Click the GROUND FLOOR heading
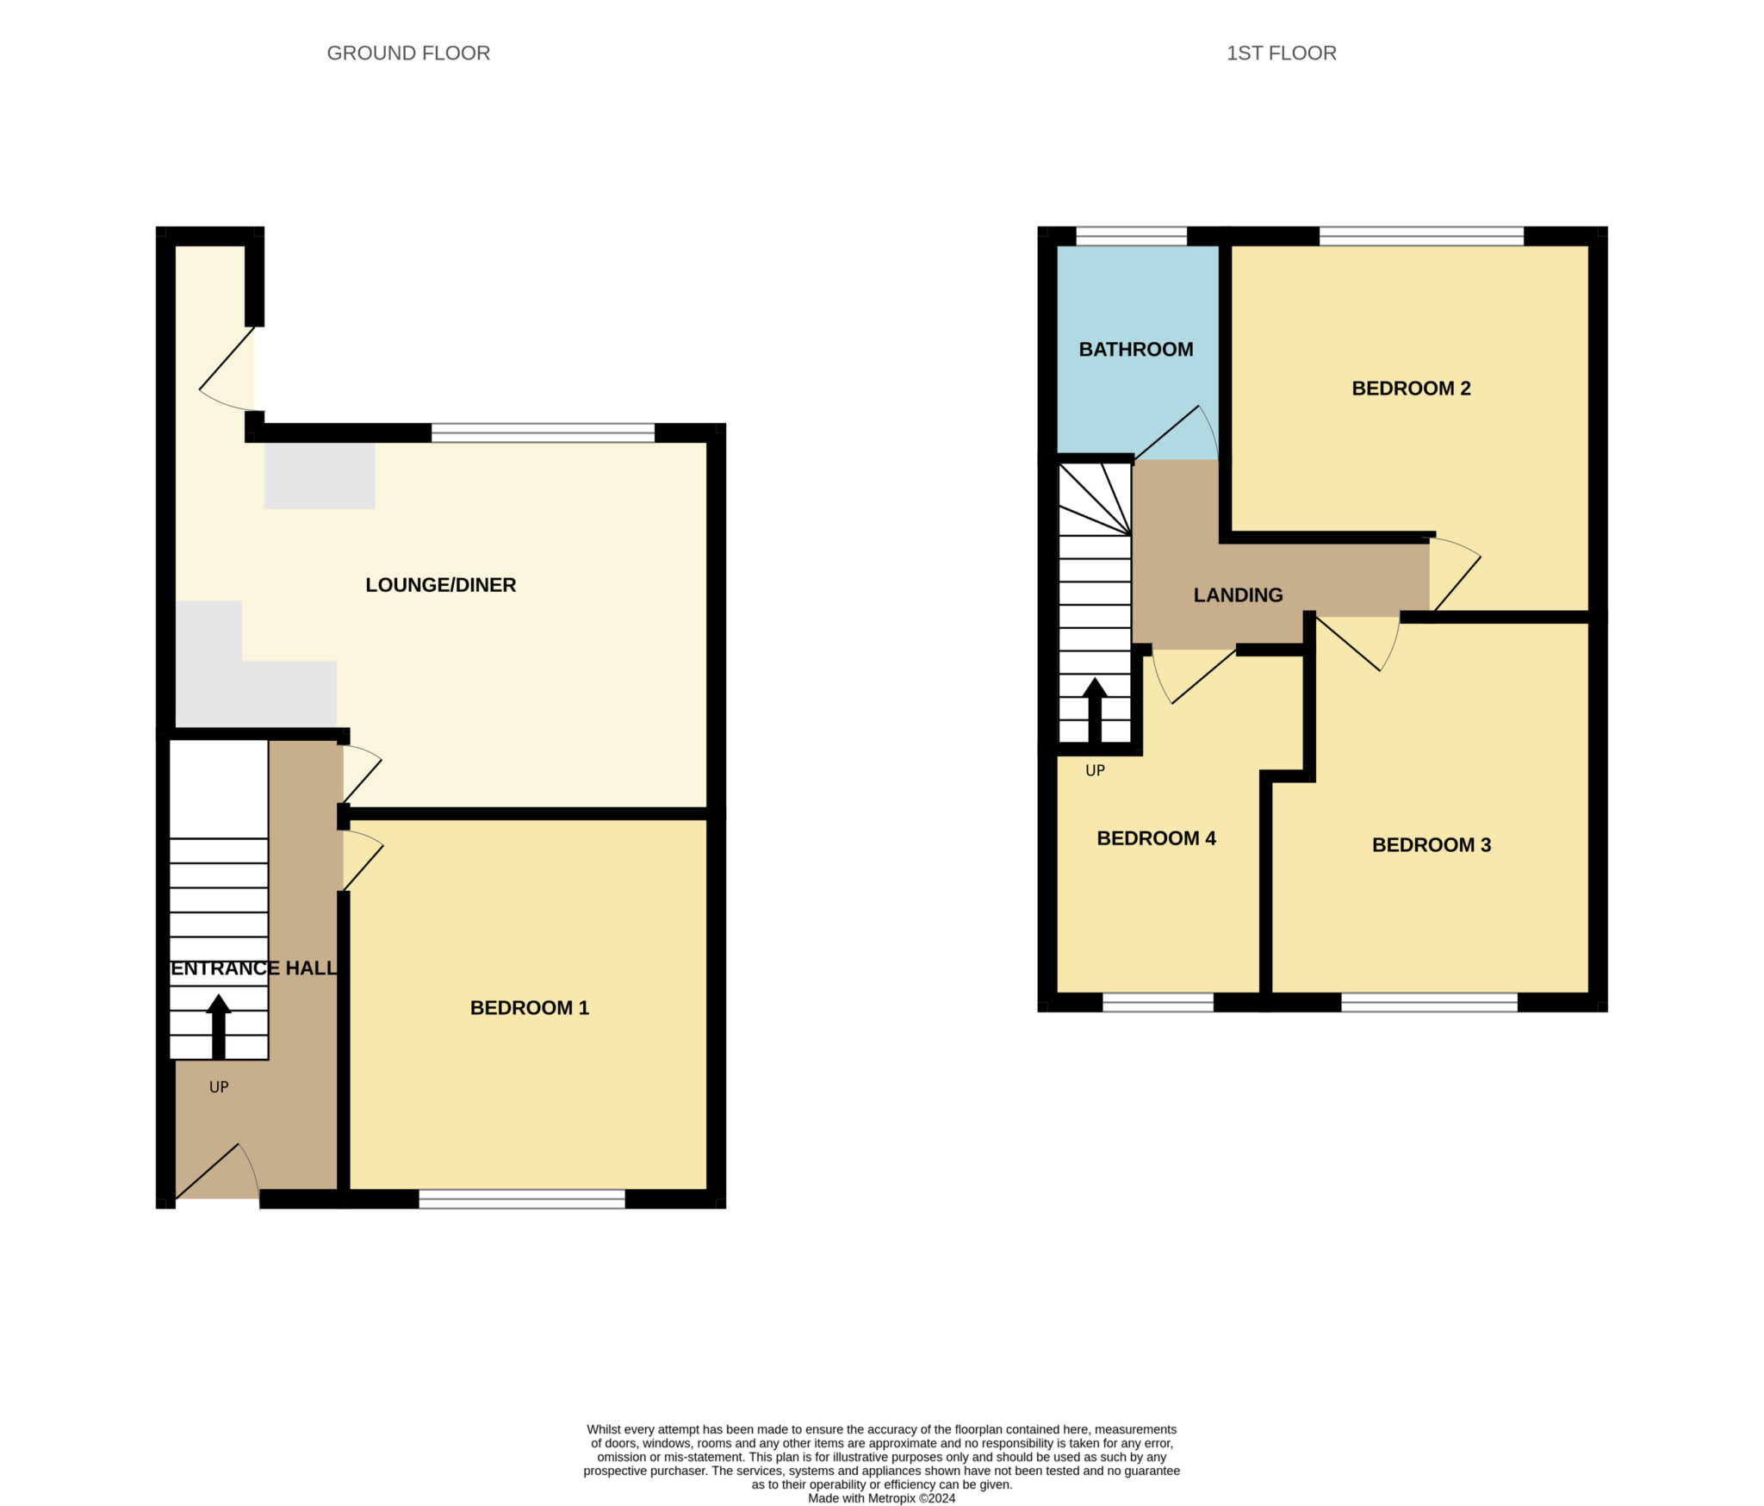[408, 53]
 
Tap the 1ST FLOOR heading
[1281, 53]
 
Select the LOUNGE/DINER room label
[440, 585]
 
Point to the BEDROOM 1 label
[529, 1007]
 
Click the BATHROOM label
[1135, 349]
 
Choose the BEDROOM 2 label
[1411, 388]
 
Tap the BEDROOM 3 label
[1431, 844]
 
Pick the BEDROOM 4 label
[1156, 838]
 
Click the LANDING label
[1238, 594]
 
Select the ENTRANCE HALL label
[254, 968]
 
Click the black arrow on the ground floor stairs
[219, 1025]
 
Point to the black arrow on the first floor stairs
[1095, 710]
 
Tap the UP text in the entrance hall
[219, 1087]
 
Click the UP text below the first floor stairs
[1095, 770]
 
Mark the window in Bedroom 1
[522, 1198]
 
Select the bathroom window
[1131, 236]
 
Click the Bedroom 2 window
[1421, 236]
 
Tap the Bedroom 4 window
[1158, 1002]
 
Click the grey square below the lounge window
[320, 476]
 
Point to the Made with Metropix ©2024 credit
[881, 1498]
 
